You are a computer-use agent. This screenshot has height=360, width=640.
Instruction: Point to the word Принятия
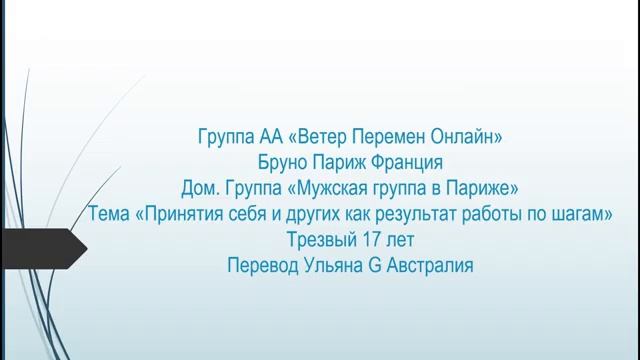pyautogui.click(x=178, y=215)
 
